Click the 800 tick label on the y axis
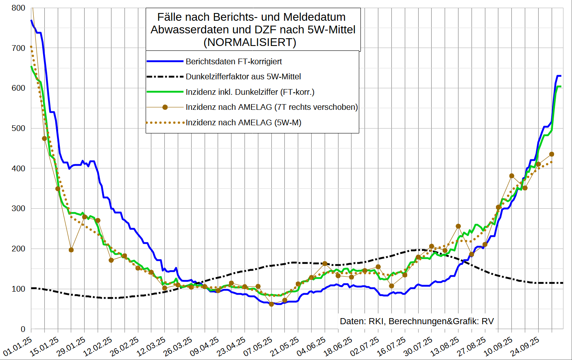[18, 8]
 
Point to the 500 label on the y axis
[18, 128]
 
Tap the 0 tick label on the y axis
[23, 329]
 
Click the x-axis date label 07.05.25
[258, 346]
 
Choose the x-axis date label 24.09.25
[525, 346]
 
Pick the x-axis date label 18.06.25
[338, 346]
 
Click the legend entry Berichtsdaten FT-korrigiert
[234, 61]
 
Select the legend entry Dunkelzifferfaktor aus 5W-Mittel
[243, 76]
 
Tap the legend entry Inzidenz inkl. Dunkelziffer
[250, 92]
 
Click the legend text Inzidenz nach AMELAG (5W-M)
[243, 122]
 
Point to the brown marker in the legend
[165, 107]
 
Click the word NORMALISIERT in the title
[250, 42]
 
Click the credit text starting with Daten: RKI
[417, 321]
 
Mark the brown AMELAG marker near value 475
[44, 138]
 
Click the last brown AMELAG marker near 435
[552, 154]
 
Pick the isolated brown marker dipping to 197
[71, 250]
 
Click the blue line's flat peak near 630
[559, 76]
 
